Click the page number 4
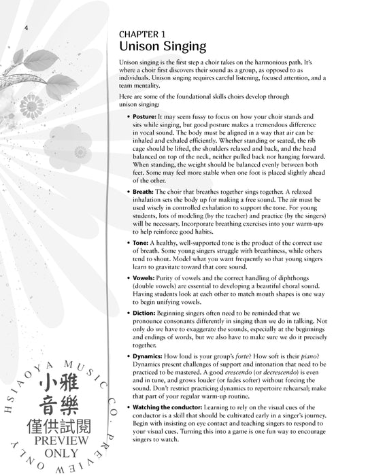tap(25, 27)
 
